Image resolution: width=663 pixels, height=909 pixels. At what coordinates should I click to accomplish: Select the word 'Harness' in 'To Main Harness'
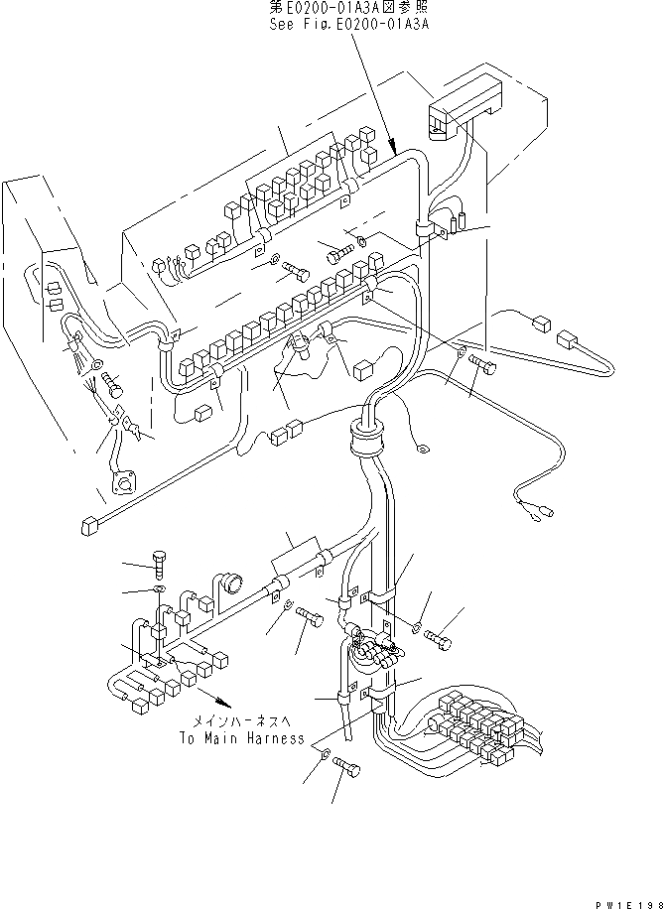pyautogui.click(x=270, y=738)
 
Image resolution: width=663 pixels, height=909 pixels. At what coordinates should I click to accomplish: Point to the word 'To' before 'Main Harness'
pyautogui.click(x=189, y=738)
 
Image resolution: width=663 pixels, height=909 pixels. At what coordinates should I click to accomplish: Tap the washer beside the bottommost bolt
pyautogui.click(x=327, y=756)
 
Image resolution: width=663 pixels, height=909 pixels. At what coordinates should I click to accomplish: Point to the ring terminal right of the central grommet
pyautogui.click(x=421, y=449)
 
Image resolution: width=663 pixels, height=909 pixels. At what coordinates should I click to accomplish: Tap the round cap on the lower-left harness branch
pyautogui.click(x=231, y=584)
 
